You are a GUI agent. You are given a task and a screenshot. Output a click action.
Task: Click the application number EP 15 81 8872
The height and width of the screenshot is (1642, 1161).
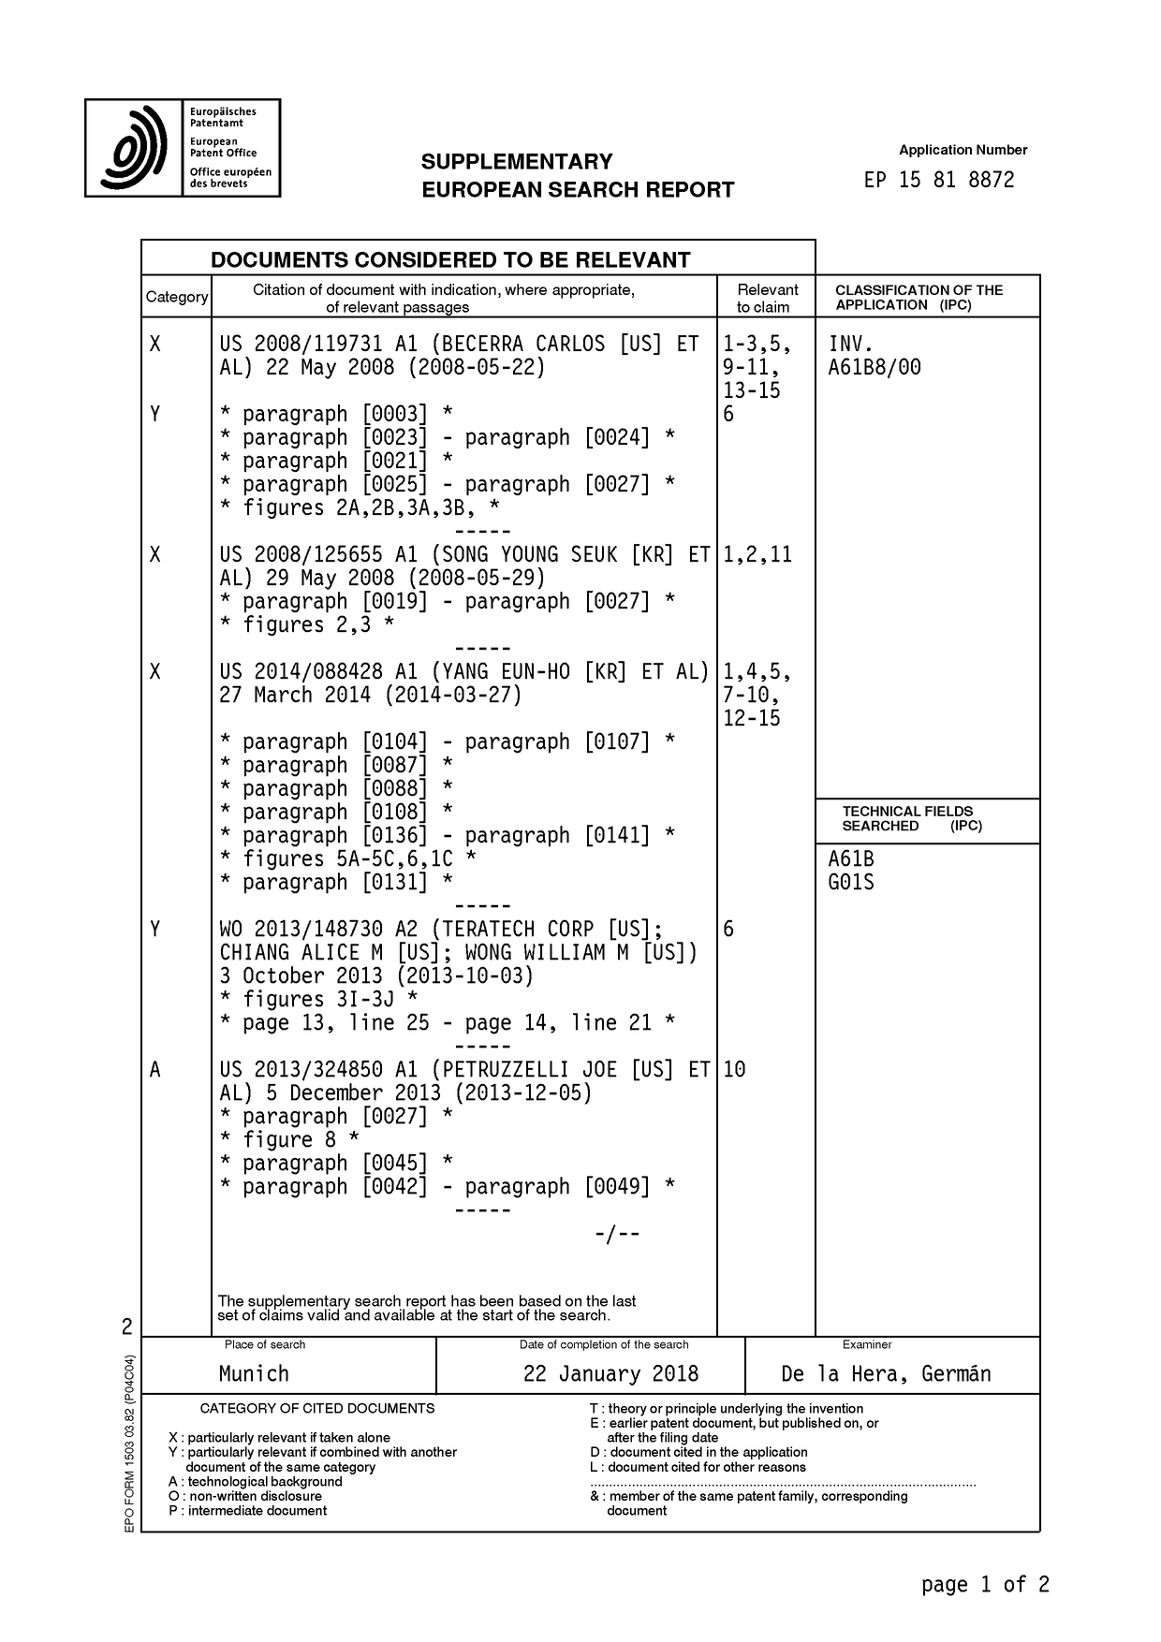pyautogui.click(x=938, y=180)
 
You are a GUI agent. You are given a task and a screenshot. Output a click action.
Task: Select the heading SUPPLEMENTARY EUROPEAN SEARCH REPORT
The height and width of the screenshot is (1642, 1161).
pyautogui.click(x=577, y=175)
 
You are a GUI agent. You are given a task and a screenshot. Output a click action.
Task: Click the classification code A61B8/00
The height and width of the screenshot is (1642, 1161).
pyautogui.click(x=874, y=367)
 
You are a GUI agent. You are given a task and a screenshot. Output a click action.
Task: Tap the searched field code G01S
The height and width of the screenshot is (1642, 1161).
pyautogui.click(x=850, y=882)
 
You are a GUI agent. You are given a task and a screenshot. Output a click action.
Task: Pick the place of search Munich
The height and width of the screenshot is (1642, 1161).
pyautogui.click(x=254, y=1373)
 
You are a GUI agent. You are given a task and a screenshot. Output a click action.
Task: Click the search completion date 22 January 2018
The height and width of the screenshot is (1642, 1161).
pyautogui.click(x=610, y=1373)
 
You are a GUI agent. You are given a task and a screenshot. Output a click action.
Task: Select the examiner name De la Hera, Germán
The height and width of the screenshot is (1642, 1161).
pyautogui.click(x=885, y=1373)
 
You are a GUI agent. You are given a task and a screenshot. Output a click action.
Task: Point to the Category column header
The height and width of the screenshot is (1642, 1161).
pyautogui.click(x=176, y=297)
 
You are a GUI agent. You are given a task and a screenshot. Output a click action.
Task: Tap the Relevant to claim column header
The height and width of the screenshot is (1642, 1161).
pyautogui.click(x=766, y=298)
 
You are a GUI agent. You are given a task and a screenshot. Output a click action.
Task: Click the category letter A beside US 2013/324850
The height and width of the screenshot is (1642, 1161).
pyautogui.click(x=154, y=1069)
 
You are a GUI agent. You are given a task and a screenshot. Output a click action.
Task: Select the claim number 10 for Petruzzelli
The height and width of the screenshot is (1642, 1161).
pyautogui.click(x=734, y=1069)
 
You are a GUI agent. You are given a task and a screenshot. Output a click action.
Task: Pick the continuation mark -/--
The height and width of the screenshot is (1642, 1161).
pyautogui.click(x=617, y=1234)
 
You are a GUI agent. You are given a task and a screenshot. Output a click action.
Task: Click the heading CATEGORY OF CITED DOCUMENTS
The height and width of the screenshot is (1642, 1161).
pyautogui.click(x=317, y=1408)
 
